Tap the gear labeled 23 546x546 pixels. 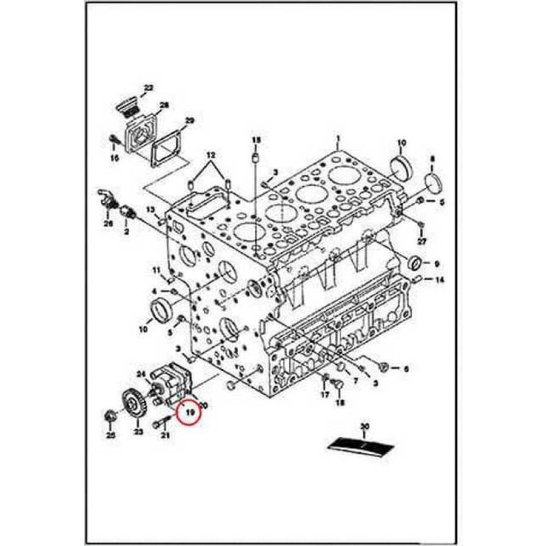[131, 403]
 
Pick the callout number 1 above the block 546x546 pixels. [338, 138]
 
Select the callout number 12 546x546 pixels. [210, 156]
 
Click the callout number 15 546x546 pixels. [256, 140]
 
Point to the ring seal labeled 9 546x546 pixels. [416, 263]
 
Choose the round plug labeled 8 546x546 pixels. [433, 183]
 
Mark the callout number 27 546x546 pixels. [421, 241]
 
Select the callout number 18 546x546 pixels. [340, 403]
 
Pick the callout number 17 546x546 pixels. [325, 394]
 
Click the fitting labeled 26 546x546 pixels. [107, 203]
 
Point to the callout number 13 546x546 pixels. [151, 210]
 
